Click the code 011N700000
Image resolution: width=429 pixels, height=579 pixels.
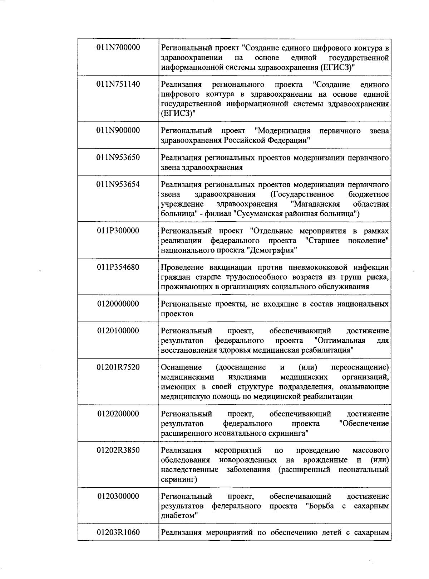click(118, 48)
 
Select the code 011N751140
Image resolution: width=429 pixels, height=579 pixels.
click(118, 84)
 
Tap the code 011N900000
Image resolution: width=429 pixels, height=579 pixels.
click(118, 130)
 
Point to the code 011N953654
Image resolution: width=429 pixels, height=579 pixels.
click(118, 184)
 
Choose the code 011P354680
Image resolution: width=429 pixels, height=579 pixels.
click(118, 267)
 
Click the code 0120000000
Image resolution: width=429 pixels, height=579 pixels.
click(118, 304)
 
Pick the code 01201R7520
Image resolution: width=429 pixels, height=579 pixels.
click(118, 367)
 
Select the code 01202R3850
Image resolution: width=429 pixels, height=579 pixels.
click(118, 450)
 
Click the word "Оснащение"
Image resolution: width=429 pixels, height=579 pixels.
click(181, 368)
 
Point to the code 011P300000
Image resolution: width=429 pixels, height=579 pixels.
click(118, 231)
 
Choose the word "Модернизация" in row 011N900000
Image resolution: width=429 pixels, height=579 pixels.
click(283, 131)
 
